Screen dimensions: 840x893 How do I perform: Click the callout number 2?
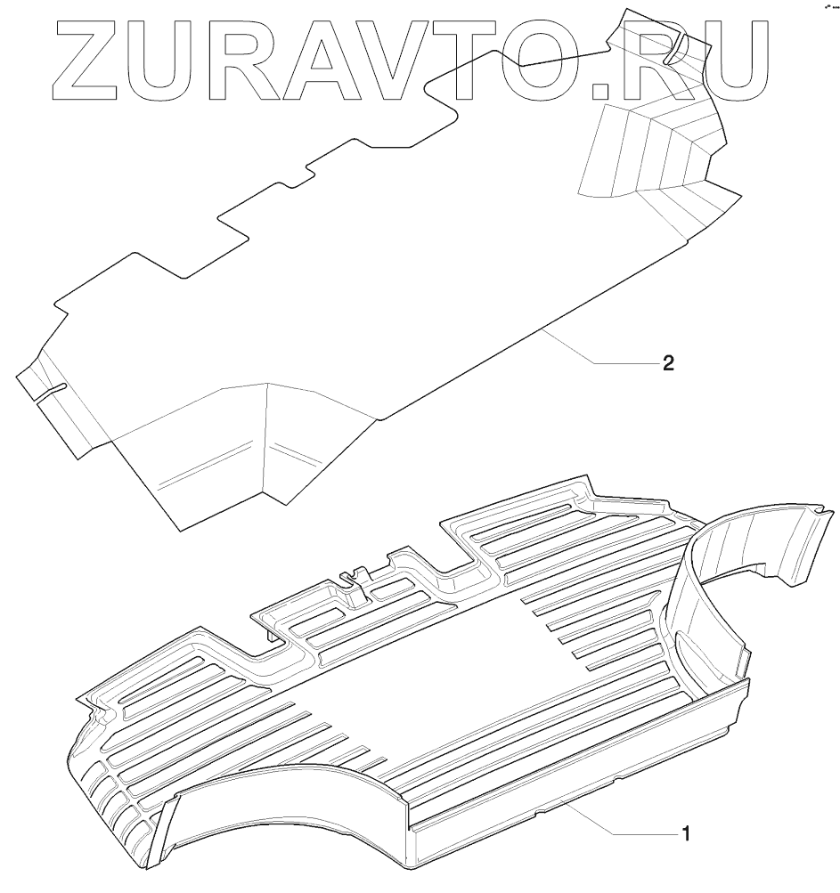pos(667,363)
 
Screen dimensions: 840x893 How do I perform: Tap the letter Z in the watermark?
pos(86,58)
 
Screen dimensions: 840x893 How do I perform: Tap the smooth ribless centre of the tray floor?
pos(463,659)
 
